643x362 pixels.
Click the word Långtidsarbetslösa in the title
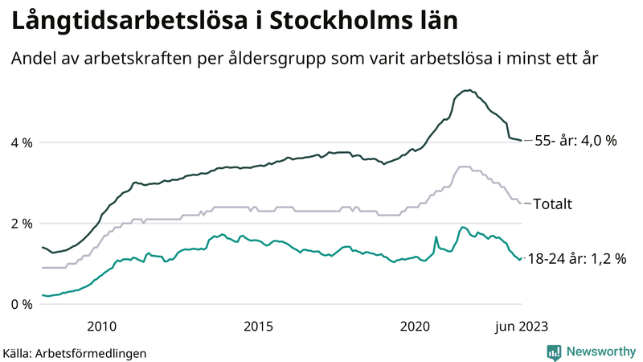125,22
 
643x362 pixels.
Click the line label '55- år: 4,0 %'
575,141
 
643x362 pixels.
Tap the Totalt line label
554,204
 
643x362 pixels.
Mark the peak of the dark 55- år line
466,90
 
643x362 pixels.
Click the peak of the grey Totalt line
463,167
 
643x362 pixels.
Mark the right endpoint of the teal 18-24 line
522,258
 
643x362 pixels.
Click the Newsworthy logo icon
555,352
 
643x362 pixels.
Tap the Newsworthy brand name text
600,352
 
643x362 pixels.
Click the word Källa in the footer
18,352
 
